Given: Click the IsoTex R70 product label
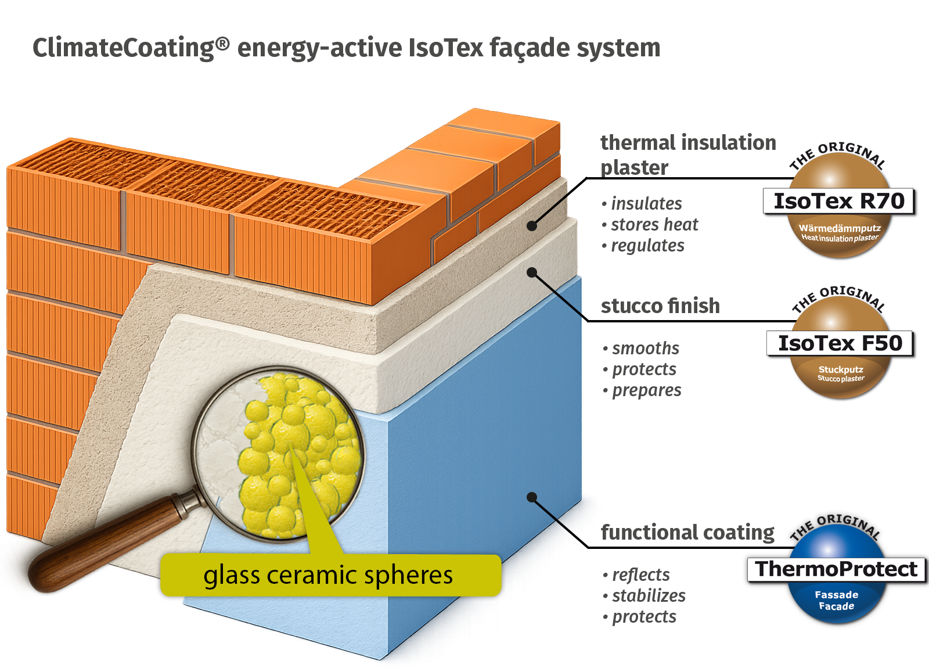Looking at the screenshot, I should point(839,201).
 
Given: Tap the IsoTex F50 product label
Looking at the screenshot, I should point(840,343).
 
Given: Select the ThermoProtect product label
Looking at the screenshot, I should point(837,569).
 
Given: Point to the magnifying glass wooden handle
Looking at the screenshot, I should point(105,540).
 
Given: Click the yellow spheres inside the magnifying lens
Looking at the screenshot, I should point(296,453).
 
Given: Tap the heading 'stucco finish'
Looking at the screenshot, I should point(660,306).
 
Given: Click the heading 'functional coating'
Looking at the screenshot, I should point(687,532).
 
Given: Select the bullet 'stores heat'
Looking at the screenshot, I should point(654,225).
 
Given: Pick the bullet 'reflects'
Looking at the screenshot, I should point(640,574).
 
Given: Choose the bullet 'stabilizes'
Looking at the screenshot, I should point(648,595).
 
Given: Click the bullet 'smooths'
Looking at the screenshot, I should point(645,349).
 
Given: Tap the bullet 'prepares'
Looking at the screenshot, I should point(646,390).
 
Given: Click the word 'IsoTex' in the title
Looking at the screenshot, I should point(446,48).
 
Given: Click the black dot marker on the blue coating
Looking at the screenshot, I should point(531,497).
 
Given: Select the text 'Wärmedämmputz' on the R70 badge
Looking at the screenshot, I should point(840,228).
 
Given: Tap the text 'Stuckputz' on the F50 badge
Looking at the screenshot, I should point(841,369).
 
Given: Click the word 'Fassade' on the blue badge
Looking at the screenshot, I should point(836,595).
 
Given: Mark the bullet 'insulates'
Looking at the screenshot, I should point(646,204).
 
